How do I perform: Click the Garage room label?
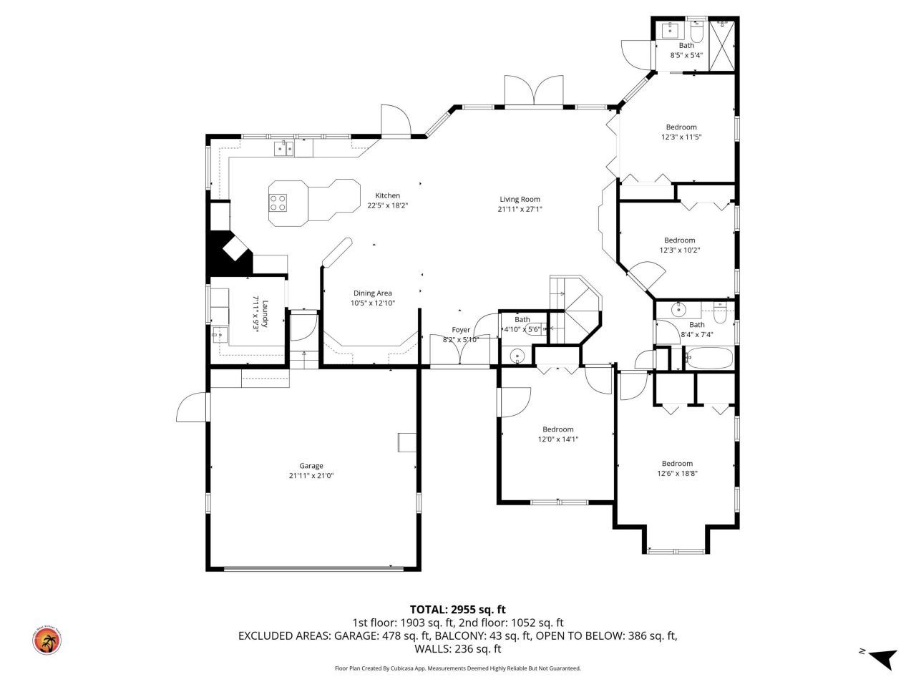point(311,466)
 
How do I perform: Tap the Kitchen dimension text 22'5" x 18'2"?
point(387,205)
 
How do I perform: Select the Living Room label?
point(520,200)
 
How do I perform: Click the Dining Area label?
point(372,293)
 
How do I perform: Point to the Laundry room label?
point(265,313)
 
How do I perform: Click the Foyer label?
point(461,330)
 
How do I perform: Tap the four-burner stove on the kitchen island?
point(278,203)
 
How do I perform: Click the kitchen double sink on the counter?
point(284,148)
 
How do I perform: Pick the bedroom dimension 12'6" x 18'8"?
point(677,473)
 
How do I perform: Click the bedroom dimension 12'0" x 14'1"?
point(557,439)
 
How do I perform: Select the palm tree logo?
point(47,640)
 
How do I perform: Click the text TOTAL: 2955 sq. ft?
point(457,610)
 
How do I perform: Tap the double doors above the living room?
point(533,91)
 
